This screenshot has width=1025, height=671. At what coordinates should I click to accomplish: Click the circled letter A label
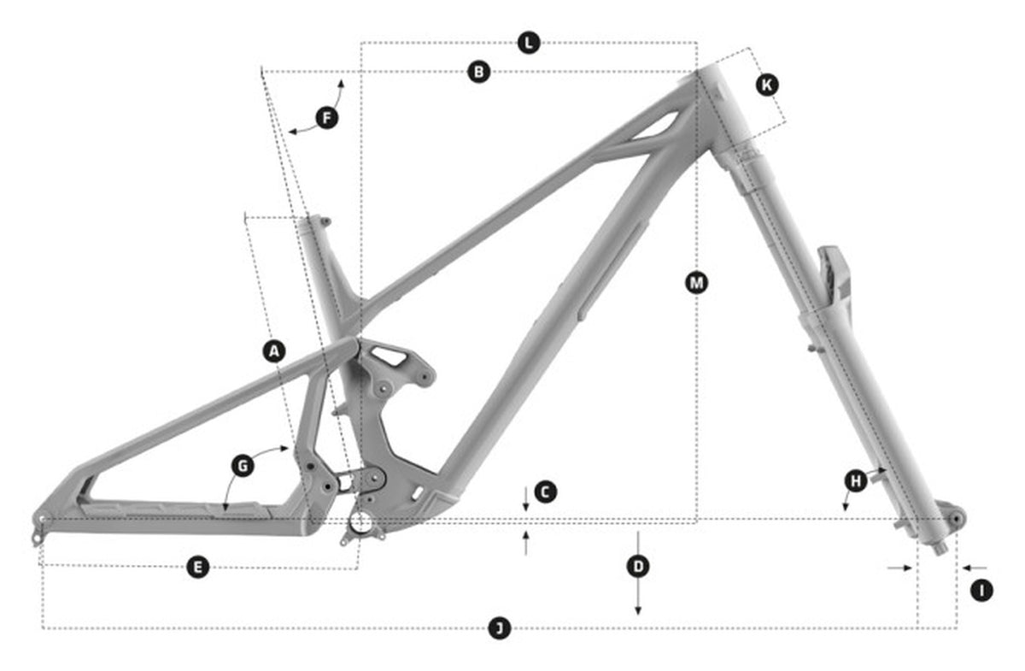(x=274, y=351)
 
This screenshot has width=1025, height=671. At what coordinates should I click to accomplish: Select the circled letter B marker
(x=478, y=73)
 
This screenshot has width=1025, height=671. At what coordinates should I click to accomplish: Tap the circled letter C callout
(x=545, y=492)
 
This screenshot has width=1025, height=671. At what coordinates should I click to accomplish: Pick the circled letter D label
(x=638, y=567)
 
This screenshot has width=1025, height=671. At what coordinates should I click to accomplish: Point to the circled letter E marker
(x=198, y=568)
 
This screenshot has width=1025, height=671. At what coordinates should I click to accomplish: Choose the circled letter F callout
(x=327, y=118)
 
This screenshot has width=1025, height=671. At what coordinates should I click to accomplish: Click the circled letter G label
(x=243, y=466)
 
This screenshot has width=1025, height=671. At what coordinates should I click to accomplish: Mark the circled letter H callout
(x=856, y=481)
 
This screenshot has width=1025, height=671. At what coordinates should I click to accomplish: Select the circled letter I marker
(x=981, y=591)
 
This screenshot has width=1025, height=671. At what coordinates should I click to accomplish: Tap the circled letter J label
(x=499, y=628)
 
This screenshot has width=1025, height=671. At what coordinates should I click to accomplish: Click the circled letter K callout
(x=767, y=85)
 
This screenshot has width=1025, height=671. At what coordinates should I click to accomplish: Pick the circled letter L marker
(x=529, y=43)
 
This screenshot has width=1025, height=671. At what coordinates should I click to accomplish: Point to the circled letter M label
(x=696, y=283)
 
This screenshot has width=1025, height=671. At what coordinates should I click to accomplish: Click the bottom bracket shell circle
(x=361, y=521)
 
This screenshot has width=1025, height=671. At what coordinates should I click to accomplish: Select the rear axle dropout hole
(x=42, y=519)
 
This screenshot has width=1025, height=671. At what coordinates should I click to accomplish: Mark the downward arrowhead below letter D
(x=638, y=610)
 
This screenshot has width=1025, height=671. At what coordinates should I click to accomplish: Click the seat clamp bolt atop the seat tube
(x=325, y=221)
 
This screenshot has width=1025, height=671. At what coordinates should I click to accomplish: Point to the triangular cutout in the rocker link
(x=389, y=356)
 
